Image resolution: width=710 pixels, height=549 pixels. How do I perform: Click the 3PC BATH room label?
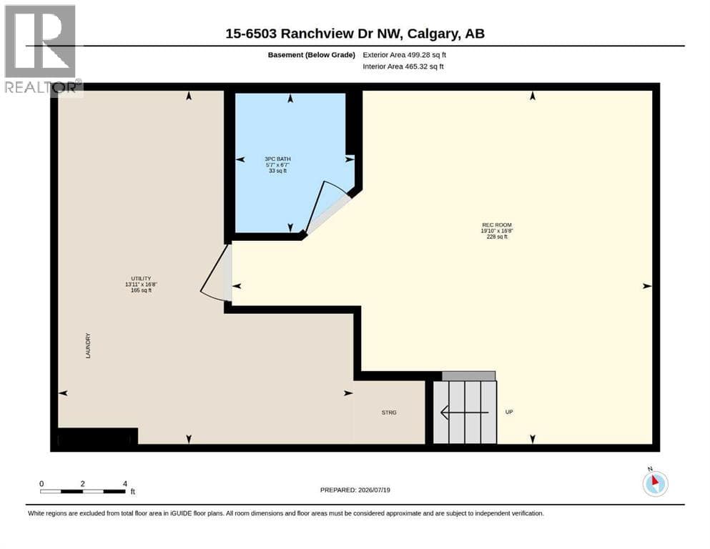pos(277,159)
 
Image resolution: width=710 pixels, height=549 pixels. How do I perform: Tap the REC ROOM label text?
pos(497,225)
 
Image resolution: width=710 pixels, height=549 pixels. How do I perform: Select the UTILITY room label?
pos(142,278)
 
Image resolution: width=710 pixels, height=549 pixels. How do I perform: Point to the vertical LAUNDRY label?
pos(88,346)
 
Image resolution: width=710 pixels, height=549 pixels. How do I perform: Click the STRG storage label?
pos(389,412)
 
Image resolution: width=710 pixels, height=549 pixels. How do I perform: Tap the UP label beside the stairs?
pos(509,412)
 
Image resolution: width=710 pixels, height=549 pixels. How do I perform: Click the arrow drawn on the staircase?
pos(465,412)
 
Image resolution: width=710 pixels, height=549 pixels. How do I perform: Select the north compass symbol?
pos(655,483)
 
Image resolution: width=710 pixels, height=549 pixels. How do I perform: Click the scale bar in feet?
pos(83,492)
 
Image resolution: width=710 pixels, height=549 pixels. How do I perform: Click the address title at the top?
pos(355,34)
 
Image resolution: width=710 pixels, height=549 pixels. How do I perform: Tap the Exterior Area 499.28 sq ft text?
pos(405,55)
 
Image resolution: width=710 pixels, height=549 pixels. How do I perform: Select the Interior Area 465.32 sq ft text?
pos(403,66)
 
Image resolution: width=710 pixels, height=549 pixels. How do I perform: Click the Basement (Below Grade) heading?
pos(312,55)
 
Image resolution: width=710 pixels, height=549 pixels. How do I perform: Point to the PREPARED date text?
pos(355,490)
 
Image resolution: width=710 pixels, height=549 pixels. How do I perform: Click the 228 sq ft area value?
pos(497,237)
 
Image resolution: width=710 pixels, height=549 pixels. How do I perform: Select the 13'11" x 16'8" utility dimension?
pos(142,285)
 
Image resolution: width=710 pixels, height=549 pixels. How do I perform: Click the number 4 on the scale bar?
pos(125,483)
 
